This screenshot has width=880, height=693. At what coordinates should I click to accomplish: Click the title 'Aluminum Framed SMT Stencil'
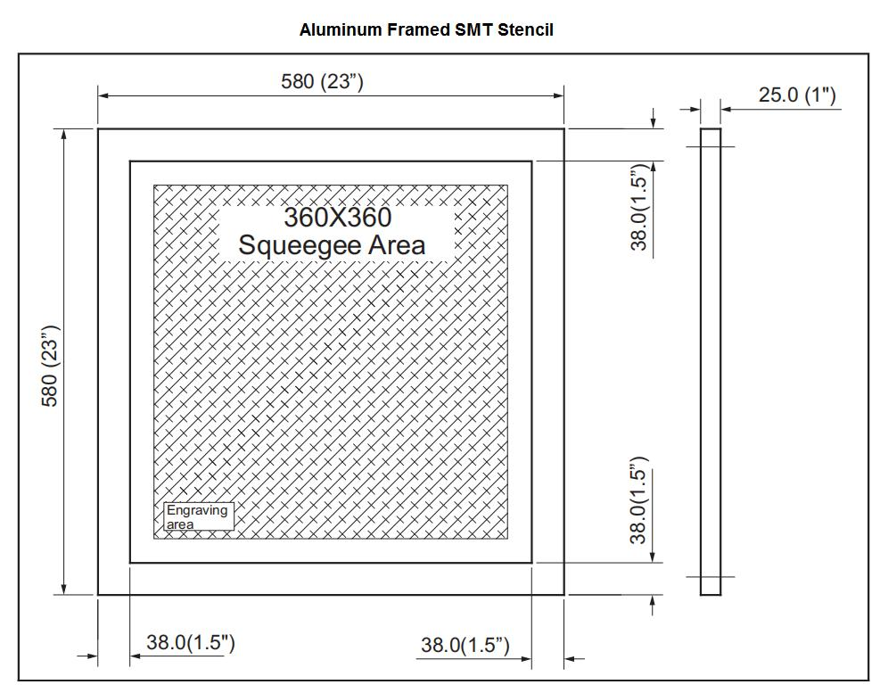(x=426, y=29)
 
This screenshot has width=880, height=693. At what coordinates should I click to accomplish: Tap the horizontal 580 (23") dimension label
(x=322, y=81)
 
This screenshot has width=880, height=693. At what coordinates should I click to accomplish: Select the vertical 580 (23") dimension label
(x=50, y=366)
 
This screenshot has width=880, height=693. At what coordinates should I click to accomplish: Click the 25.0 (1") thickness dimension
(x=797, y=95)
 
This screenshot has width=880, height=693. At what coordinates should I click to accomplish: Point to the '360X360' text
(x=337, y=218)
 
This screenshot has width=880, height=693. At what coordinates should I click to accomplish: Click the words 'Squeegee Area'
(x=332, y=245)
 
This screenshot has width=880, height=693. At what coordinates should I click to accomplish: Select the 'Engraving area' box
(x=199, y=516)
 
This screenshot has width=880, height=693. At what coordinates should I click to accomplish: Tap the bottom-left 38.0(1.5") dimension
(x=191, y=642)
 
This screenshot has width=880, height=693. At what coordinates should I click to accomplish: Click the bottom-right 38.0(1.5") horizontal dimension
(x=465, y=645)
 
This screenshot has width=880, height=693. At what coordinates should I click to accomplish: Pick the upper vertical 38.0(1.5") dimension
(x=639, y=207)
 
